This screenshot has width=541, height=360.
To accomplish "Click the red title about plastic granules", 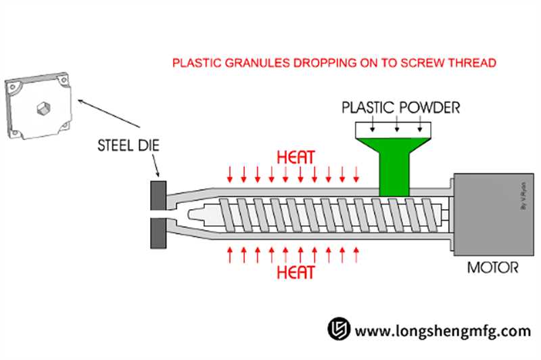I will point(335,63).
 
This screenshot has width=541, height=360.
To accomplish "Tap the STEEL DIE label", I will point(127,145).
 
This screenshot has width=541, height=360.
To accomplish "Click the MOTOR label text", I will point(493,267).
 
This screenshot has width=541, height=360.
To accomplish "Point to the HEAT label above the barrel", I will point(296,156).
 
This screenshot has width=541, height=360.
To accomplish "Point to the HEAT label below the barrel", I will point(296,273).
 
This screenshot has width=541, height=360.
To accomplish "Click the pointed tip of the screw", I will point(193,214).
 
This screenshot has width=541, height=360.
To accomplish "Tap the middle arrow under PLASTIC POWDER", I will point(397,121).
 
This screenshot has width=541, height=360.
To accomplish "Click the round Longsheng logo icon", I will point(338,330).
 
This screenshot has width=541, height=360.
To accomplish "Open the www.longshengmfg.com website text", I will point(443,331).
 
